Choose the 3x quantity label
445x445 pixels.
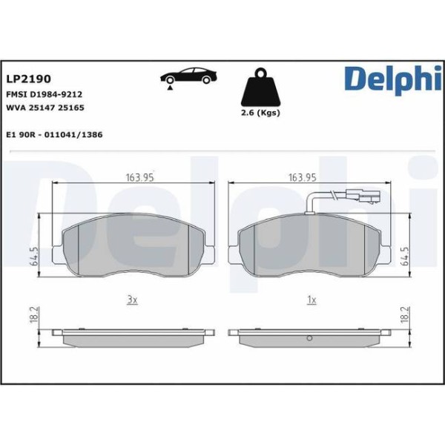click(x=132, y=300)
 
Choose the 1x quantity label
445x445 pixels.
click(x=311, y=300)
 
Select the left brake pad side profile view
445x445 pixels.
click(x=133, y=337)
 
